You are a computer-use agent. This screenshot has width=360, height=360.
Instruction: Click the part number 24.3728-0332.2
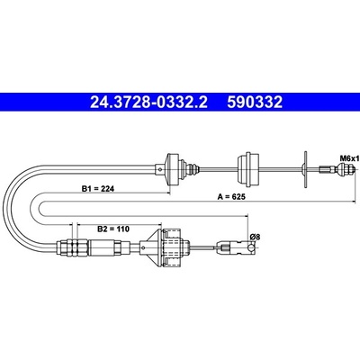(148, 103)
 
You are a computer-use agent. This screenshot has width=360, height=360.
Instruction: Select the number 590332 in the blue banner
(255, 103)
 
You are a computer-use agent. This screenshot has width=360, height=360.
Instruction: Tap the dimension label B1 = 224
(98, 189)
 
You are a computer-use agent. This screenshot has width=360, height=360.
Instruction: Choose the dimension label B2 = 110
(113, 229)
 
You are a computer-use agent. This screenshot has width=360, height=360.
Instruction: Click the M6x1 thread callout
(349, 157)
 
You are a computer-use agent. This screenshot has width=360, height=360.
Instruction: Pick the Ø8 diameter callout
(255, 237)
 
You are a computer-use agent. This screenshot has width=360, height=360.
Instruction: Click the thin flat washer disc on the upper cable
(305, 169)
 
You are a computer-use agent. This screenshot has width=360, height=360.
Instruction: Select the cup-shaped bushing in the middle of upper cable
(248, 169)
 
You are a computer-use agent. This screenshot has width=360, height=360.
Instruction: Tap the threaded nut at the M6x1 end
(344, 169)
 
